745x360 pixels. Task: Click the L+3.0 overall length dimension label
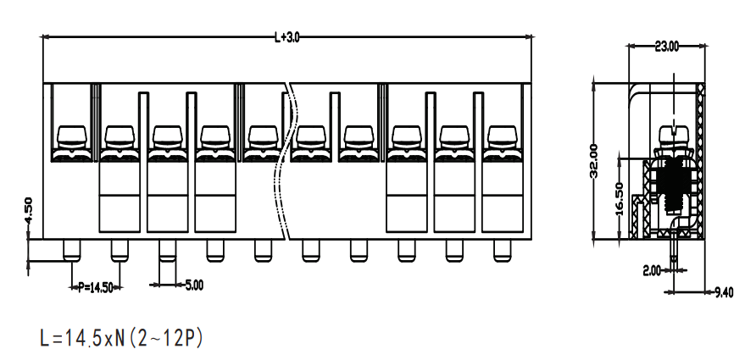[x=287, y=37]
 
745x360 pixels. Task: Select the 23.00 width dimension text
[x=667, y=47]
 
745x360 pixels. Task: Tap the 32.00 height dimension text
[x=594, y=161]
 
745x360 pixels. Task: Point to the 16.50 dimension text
[x=620, y=198]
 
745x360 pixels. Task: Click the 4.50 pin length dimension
[x=28, y=211]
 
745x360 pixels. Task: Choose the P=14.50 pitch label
[x=96, y=287]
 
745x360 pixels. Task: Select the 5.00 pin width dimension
[x=194, y=285]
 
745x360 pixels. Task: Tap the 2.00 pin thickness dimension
[x=652, y=271]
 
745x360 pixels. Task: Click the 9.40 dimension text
[x=724, y=292]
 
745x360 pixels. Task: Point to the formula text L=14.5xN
[x=83, y=339]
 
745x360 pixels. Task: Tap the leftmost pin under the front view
[x=72, y=250]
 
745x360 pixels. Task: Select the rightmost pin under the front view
[x=503, y=250]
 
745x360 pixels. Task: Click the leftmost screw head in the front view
[x=72, y=137]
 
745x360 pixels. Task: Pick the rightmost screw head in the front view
[x=503, y=137]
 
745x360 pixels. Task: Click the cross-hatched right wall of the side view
[x=700, y=161]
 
